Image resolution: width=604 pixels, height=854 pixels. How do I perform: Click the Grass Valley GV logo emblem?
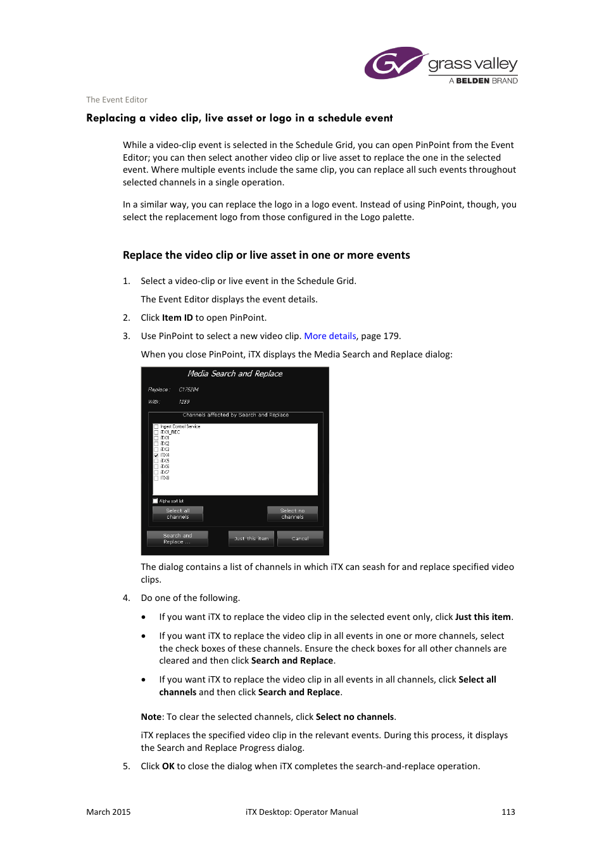pyautogui.click(x=393, y=63)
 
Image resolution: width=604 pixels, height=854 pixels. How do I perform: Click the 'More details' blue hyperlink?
pyautogui.click(x=330, y=336)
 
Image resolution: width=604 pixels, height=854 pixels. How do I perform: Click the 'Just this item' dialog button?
pyautogui.click(x=251, y=538)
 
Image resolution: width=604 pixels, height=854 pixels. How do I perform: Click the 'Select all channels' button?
pyautogui.click(x=178, y=514)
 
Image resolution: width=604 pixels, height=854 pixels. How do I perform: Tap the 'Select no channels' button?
pyautogui.click(x=293, y=514)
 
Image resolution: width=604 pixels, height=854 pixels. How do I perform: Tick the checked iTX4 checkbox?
pyautogui.click(x=156, y=455)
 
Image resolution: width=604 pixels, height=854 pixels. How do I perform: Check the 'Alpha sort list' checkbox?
pyautogui.click(x=156, y=501)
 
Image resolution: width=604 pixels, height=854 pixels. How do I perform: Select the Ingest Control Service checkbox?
pyautogui.click(x=156, y=427)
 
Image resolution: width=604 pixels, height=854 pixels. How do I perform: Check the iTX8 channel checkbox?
pyautogui.click(x=156, y=478)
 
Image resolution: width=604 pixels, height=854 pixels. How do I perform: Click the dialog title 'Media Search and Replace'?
pyautogui.click(x=235, y=374)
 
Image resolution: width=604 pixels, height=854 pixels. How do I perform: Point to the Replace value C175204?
pyautogui.click(x=189, y=390)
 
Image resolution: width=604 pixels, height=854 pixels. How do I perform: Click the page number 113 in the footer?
pyautogui.click(x=508, y=812)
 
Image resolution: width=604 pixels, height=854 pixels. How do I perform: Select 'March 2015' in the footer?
pyautogui.click(x=108, y=812)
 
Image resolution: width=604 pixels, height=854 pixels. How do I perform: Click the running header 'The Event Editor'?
pyautogui.click(x=116, y=99)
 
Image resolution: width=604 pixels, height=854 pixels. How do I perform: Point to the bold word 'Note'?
pyautogui.click(x=151, y=717)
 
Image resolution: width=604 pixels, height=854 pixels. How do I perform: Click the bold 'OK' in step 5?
pyautogui.click(x=168, y=766)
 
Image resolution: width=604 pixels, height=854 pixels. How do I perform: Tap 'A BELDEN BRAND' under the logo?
pyautogui.click(x=484, y=81)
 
